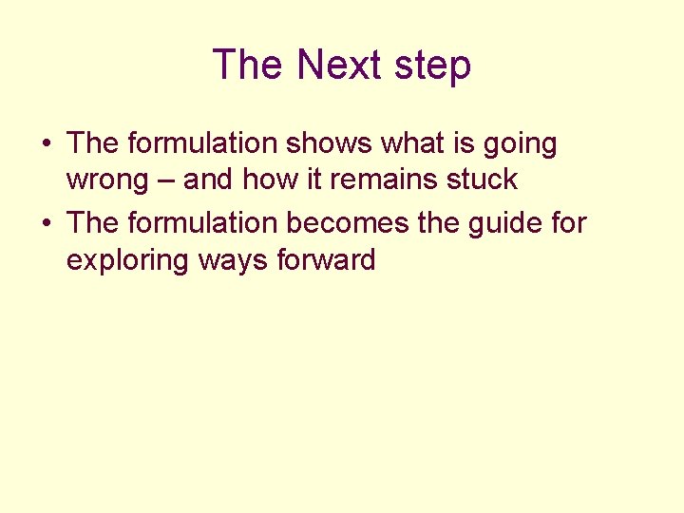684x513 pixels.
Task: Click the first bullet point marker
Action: coord(46,144)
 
